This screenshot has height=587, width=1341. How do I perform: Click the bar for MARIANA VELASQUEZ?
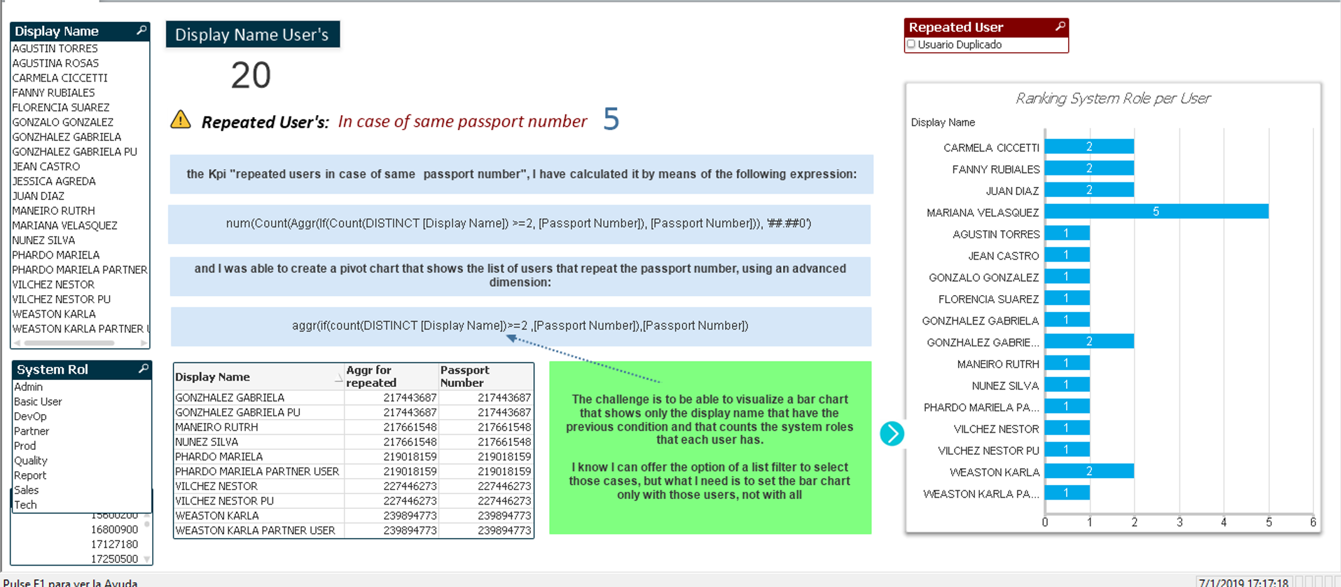click(x=1156, y=211)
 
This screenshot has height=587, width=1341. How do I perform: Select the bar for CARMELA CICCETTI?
click(x=1089, y=147)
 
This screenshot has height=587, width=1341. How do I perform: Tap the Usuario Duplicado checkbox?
click(x=911, y=44)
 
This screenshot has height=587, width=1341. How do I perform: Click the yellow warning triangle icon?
click(x=181, y=120)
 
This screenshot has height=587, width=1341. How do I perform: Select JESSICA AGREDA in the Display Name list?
click(x=54, y=181)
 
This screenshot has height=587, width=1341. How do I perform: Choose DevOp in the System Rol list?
click(x=30, y=416)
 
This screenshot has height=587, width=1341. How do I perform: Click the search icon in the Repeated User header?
click(x=1060, y=26)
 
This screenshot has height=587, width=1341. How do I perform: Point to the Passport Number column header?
click(x=464, y=376)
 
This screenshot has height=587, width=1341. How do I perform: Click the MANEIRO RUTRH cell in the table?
click(x=216, y=427)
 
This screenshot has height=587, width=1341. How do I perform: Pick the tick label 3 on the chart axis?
click(x=1179, y=522)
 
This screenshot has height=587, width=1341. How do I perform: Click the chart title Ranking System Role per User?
click(x=1113, y=98)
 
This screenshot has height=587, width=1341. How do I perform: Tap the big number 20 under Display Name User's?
click(x=250, y=75)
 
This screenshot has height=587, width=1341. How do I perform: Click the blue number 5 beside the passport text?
click(x=611, y=119)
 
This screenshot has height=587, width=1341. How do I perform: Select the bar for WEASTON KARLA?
click(x=1089, y=471)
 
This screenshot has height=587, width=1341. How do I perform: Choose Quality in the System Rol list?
click(x=31, y=461)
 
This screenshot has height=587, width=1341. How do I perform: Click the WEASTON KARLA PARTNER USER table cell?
click(x=255, y=530)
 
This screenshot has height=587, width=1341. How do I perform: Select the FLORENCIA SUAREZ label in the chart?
click(x=988, y=299)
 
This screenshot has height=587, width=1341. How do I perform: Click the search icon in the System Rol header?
click(x=143, y=369)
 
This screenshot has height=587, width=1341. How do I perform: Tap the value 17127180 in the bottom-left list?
click(x=114, y=544)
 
